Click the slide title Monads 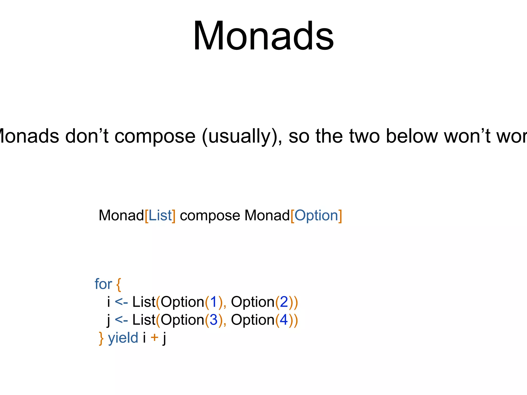[x=263, y=36]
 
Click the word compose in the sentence [x=155, y=136]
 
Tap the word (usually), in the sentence [x=242, y=136]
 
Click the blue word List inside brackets [x=160, y=216]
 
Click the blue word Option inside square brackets [x=316, y=216]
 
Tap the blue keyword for [x=103, y=284]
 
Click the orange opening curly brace [x=118, y=284]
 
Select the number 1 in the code [x=214, y=302]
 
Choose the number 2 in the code [x=284, y=302]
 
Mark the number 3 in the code [x=214, y=320]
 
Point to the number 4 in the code [x=284, y=320]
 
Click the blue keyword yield [x=123, y=338]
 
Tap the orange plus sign [x=154, y=337]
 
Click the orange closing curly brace [x=101, y=338]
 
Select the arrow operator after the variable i [x=121, y=302]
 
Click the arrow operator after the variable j [x=121, y=320]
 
